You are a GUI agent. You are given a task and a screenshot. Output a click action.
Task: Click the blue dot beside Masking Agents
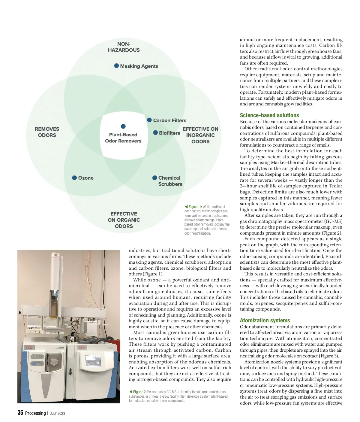click(116, 66)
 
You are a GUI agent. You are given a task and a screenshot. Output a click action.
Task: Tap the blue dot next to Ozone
click(74, 178)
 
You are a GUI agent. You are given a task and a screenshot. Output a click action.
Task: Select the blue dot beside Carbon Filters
click(149, 120)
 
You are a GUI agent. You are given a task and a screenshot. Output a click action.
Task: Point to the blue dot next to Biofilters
click(155, 133)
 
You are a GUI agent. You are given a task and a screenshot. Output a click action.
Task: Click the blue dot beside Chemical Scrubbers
click(155, 178)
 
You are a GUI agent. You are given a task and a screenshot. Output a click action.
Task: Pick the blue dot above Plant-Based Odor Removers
click(123, 126)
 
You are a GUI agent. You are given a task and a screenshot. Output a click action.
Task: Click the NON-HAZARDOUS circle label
click(124, 47)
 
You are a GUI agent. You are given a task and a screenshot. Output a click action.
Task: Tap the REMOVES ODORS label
click(47, 132)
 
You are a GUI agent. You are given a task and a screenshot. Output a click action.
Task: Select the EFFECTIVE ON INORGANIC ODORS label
click(200, 135)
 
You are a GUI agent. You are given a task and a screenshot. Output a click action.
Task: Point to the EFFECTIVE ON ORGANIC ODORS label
click(124, 220)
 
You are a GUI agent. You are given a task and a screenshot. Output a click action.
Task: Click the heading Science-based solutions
click(269, 115)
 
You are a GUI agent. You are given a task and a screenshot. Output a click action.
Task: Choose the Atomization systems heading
click(265, 320)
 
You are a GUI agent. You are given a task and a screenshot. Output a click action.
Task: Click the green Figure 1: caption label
click(193, 207)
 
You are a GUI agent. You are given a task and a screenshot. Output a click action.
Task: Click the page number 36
click(20, 413)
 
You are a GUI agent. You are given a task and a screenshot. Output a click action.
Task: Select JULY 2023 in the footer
click(57, 414)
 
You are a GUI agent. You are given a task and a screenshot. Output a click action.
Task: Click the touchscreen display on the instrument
click(93, 360)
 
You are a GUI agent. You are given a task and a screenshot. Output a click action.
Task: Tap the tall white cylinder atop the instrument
click(56, 270)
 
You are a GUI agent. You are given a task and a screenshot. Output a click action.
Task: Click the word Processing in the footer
click(35, 413)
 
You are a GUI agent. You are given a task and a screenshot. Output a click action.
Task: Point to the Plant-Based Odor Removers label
click(123, 138)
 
